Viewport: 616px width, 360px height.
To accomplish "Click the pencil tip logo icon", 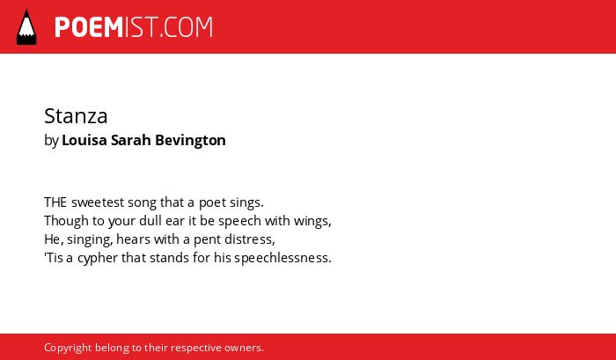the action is point(26,27).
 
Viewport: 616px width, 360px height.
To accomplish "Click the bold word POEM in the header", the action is point(89,27).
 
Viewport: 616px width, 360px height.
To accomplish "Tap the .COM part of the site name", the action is point(187,27).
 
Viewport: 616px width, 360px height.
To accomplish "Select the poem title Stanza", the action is point(76,116).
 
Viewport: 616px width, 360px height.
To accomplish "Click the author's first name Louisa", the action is point(84,140).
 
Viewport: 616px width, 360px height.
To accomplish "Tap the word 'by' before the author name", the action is point(51,141).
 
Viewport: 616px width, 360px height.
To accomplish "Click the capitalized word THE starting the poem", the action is point(55,202).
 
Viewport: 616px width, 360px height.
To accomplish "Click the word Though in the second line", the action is point(66,221).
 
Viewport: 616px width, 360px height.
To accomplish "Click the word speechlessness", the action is point(281,258).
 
